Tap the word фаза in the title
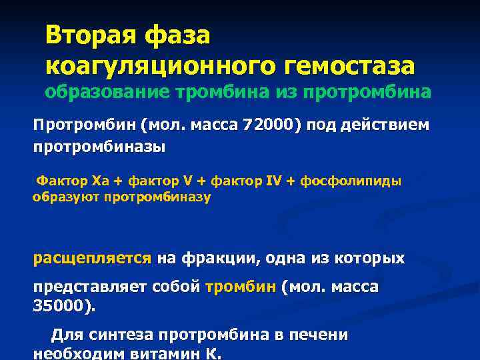179,35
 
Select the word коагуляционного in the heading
147,66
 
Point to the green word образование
106,93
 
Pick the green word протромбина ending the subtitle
366,93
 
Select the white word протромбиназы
99,147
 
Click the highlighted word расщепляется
93,258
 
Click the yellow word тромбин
241,287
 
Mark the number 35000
62,307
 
